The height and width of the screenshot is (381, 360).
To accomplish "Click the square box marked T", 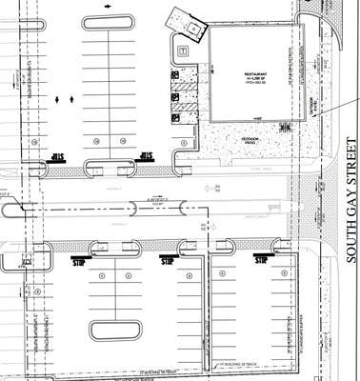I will (x=182, y=49).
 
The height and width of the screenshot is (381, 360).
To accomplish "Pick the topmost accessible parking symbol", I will (x=176, y=74).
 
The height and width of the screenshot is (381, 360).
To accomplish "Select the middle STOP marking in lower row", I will (x=168, y=259).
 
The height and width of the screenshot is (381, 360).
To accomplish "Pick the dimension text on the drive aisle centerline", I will (x=152, y=201).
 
